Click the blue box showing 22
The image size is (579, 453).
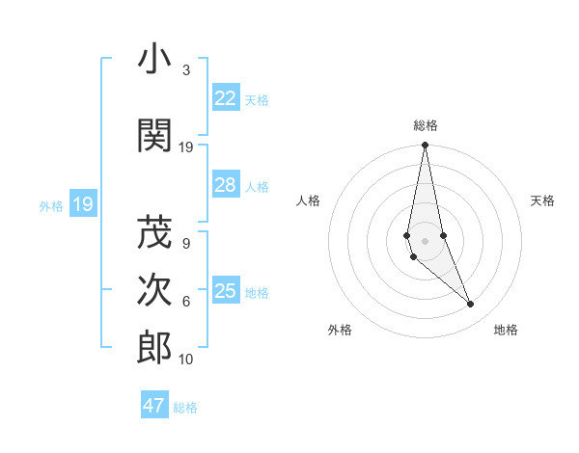tap(225, 98)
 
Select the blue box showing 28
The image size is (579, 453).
tap(225, 185)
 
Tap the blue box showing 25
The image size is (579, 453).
tap(225, 291)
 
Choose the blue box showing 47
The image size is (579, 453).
tap(154, 405)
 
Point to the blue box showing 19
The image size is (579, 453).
tap(82, 204)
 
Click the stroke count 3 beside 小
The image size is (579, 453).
tap(185, 70)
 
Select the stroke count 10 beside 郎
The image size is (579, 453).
tap(185, 360)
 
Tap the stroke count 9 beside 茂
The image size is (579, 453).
tap(185, 244)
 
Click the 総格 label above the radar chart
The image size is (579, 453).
tap(426, 125)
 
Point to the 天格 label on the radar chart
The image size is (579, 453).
tap(543, 200)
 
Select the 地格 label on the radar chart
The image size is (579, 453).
tap(506, 330)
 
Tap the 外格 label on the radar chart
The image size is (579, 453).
tap(340, 330)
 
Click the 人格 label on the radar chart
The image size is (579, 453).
tap(308, 200)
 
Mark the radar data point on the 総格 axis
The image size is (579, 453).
tap(425, 146)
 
